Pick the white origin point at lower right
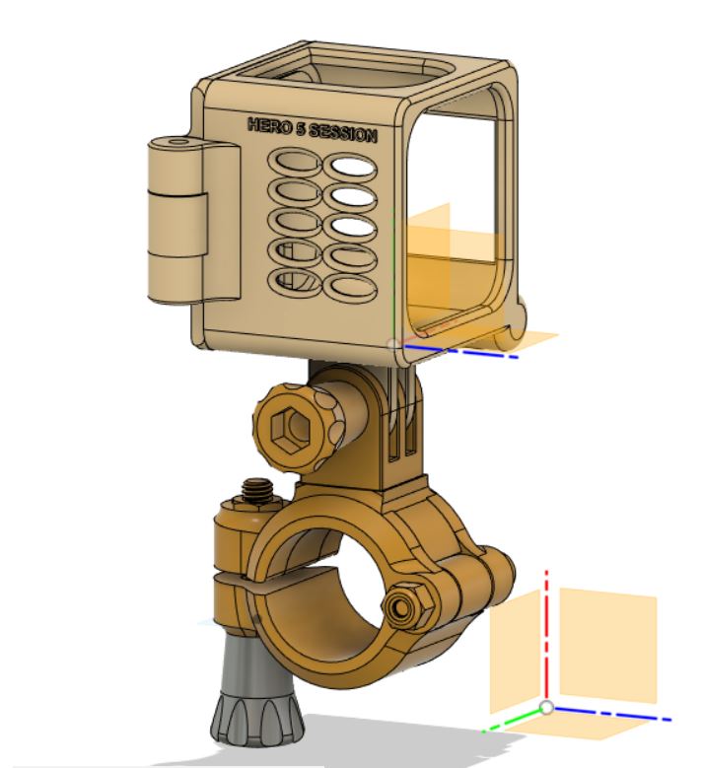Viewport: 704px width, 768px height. coord(546,708)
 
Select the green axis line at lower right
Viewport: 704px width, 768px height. coord(513,722)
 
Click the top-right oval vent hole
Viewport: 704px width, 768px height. coord(353,170)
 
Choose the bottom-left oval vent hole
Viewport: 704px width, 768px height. coord(295,282)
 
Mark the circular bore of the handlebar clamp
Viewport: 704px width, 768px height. coord(325,592)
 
